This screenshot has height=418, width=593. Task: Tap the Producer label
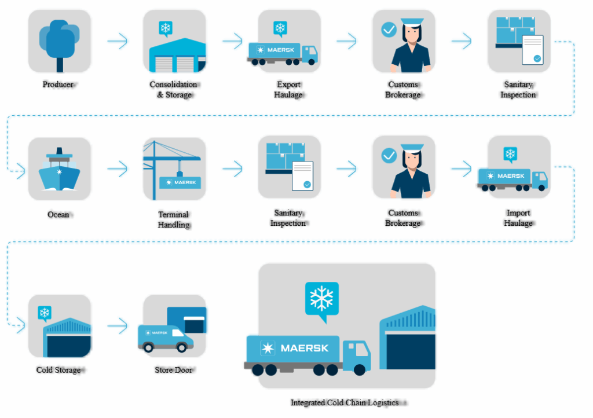[58, 85]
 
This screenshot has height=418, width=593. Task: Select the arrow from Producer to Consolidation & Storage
[117, 41]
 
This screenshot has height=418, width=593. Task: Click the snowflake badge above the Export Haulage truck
[280, 28]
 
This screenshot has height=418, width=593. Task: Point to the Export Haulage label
[288, 90]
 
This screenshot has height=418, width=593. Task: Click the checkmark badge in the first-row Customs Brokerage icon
[389, 29]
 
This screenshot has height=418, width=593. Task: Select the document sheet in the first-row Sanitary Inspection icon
[533, 50]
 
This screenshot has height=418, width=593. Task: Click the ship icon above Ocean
[58, 170]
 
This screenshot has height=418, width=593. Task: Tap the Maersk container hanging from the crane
[181, 182]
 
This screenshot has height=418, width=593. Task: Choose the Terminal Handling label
[174, 219]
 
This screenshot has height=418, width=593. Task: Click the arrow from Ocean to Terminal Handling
[117, 169]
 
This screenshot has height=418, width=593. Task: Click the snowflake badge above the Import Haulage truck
[510, 154]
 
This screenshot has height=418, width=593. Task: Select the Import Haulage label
[518, 218]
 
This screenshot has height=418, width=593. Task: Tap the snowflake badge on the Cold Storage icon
[44, 313]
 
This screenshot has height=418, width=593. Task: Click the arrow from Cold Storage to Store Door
[117, 326]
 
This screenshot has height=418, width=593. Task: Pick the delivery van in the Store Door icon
[164, 338]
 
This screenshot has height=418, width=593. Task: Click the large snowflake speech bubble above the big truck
[321, 299]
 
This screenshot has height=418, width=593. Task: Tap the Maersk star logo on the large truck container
[268, 348]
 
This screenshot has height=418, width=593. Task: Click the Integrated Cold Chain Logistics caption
[345, 402]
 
